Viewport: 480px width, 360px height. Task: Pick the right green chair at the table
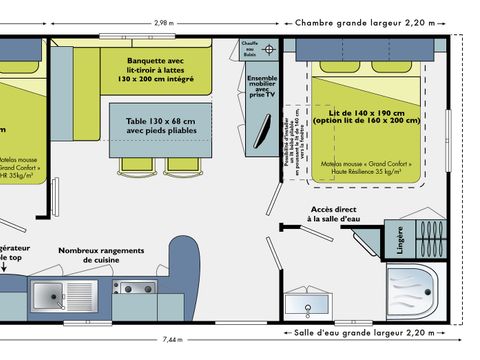coord(182,163)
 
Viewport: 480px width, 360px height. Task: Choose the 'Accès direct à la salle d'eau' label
coord(314,214)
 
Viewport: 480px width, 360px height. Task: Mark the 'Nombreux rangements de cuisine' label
coord(100,256)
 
